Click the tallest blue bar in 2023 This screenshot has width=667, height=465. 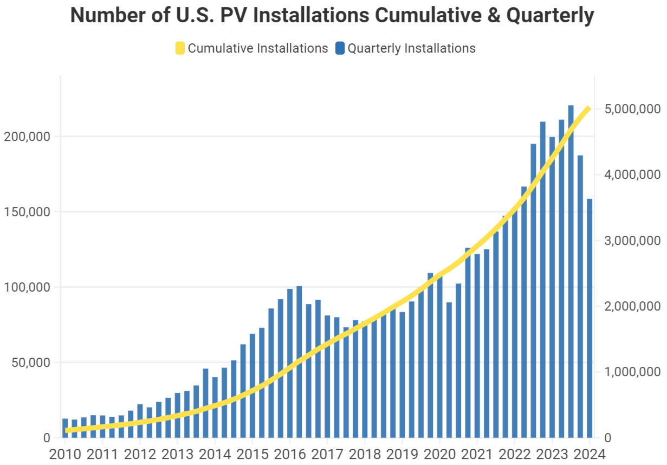coord(571,271)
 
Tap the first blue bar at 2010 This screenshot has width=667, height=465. coord(65,428)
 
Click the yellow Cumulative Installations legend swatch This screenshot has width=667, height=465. coord(180,48)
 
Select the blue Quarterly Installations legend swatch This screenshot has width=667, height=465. coord(340,48)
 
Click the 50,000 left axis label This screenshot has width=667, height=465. coord(29,362)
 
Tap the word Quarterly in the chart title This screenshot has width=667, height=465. coord(550,16)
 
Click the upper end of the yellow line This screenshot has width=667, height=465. coord(588,109)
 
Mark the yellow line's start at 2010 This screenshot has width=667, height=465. coord(66,430)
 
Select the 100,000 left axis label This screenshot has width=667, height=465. coord(26,287)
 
